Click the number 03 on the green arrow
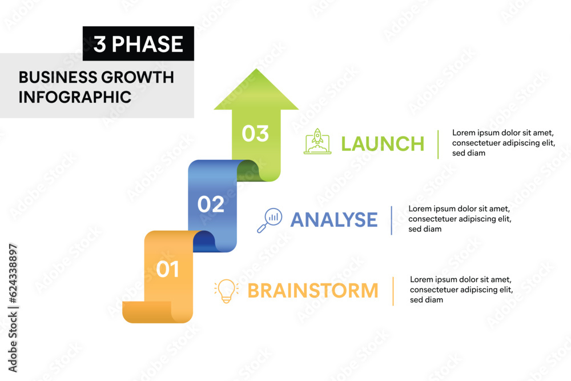pyautogui.click(x=255, y=133)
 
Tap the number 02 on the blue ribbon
pyautogui.click(x=211, y=204)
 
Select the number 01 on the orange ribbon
pyautogui.click(x=168, y=269)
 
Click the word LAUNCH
pyautogui.click(x=383, y=144)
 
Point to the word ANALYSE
pyautogui.click(x=334, y=220)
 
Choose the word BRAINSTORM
pyautogui.click(x=313, y=291)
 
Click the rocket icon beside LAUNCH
pyautogui.click(x=317, y=142)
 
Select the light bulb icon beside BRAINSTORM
pyautogui.click(x=226, y=290)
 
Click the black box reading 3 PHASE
pyautogui.click(x=138, y=44)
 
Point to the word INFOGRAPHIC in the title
pyautogui.click(x=75, y=97)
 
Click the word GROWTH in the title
pyautogui.click(x=137, y=77)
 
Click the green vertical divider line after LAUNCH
pyautogui.click(x=438, y=144)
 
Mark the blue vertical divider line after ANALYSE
pyautogui.click(x=392, y=220)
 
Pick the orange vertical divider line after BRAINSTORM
pyautogui.click(x=393, y=291)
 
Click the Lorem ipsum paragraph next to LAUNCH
pyautogui.click(x=502, y=143)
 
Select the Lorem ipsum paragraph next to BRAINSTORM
pyautogui.click(x=461, y=290)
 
